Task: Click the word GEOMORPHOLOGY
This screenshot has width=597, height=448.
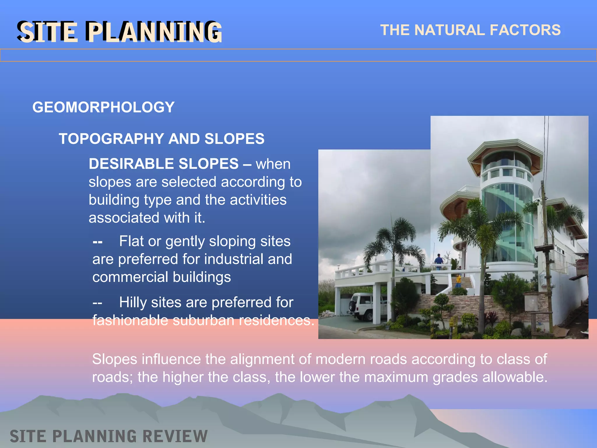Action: (x=103, y=107)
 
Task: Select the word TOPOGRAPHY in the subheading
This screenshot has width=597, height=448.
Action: (x=111, y=139)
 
